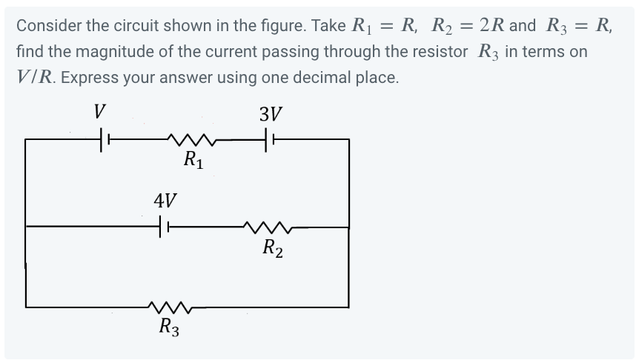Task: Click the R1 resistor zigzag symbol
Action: click(x=191, y=139)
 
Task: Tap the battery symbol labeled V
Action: click(x=105, y=139)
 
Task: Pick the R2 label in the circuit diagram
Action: click(x=272, y=247)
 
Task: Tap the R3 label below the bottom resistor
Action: click(x=169, y=327)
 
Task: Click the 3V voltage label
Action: click(x=271, y=115)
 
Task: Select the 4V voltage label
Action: click(x=165, y=201)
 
